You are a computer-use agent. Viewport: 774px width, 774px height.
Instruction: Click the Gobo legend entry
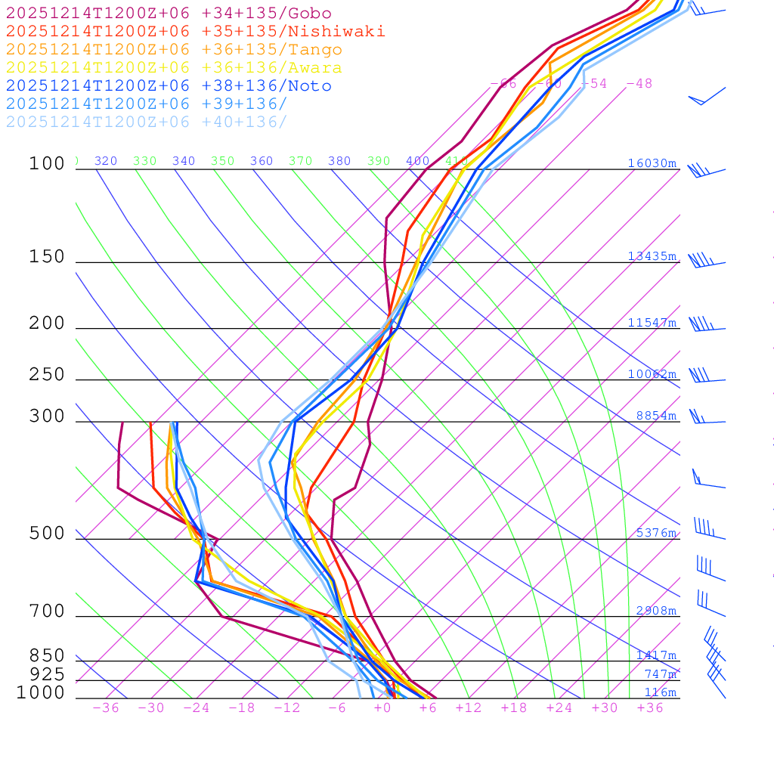click(x=169, y=13)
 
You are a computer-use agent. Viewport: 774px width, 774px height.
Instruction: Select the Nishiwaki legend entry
click(x=195, y=31)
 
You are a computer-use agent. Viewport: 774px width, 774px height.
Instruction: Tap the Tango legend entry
click(x=174, y=50)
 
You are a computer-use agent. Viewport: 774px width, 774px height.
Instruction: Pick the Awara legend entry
click(x=174, y=68)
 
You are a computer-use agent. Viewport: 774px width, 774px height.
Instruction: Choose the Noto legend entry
click(x=169, y=86)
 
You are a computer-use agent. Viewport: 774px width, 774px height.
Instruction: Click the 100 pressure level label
click(x=47, y=163)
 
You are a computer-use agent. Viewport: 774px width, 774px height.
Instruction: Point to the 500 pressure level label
click(x=47, y=534)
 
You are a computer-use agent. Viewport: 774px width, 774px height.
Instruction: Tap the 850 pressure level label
click(x=47, y=656)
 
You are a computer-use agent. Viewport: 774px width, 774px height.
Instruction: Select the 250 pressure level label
click(x=47, y=375)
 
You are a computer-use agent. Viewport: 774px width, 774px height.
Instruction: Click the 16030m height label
click(x=652, y=163)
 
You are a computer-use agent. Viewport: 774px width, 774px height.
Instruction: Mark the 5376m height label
click(x=656, y=533)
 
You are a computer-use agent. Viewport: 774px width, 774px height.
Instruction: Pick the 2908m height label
click(x=656, y=611)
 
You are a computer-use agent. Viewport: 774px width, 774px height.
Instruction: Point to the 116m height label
click(x=660, y=692)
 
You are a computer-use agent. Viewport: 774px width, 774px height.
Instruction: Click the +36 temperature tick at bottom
click(x=650, y=708)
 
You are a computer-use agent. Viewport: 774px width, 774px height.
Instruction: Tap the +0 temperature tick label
click(x=382, y=708)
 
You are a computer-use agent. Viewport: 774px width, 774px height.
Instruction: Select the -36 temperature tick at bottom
click(x=105, y=708)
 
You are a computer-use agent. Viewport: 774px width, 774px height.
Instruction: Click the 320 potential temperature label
click(x=106, y=161)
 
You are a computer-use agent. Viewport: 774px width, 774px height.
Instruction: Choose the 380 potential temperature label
click(x=339, y=161)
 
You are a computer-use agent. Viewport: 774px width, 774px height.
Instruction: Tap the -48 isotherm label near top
click(x=639, y=83)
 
